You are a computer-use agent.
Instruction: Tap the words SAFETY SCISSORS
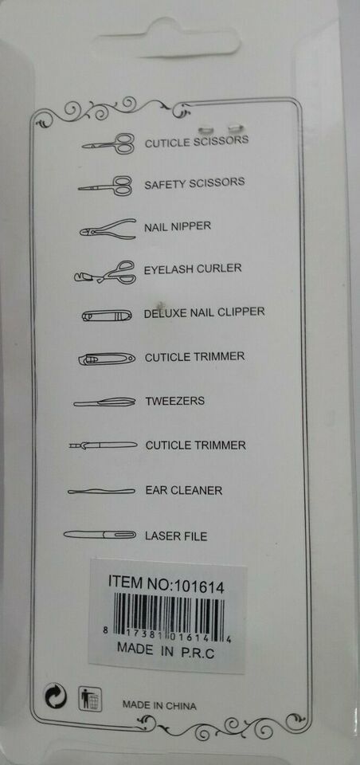(194, 183)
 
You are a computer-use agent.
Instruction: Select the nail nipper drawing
(108, 229)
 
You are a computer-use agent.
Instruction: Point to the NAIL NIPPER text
(178, 226)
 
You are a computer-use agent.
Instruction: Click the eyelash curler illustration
(105, 273)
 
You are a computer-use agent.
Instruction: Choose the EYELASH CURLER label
(193, 269)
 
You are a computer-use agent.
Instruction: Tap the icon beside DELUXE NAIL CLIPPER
(107, 316)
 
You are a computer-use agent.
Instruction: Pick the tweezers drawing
(104, 402)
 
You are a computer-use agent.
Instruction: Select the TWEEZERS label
(174, 402)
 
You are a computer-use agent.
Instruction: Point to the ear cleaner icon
(101, 491)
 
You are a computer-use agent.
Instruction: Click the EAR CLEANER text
(184, 490)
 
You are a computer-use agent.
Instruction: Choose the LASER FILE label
(176, 536)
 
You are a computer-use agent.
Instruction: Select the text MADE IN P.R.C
(166, 651)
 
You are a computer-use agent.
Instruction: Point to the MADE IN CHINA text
(159, 705)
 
